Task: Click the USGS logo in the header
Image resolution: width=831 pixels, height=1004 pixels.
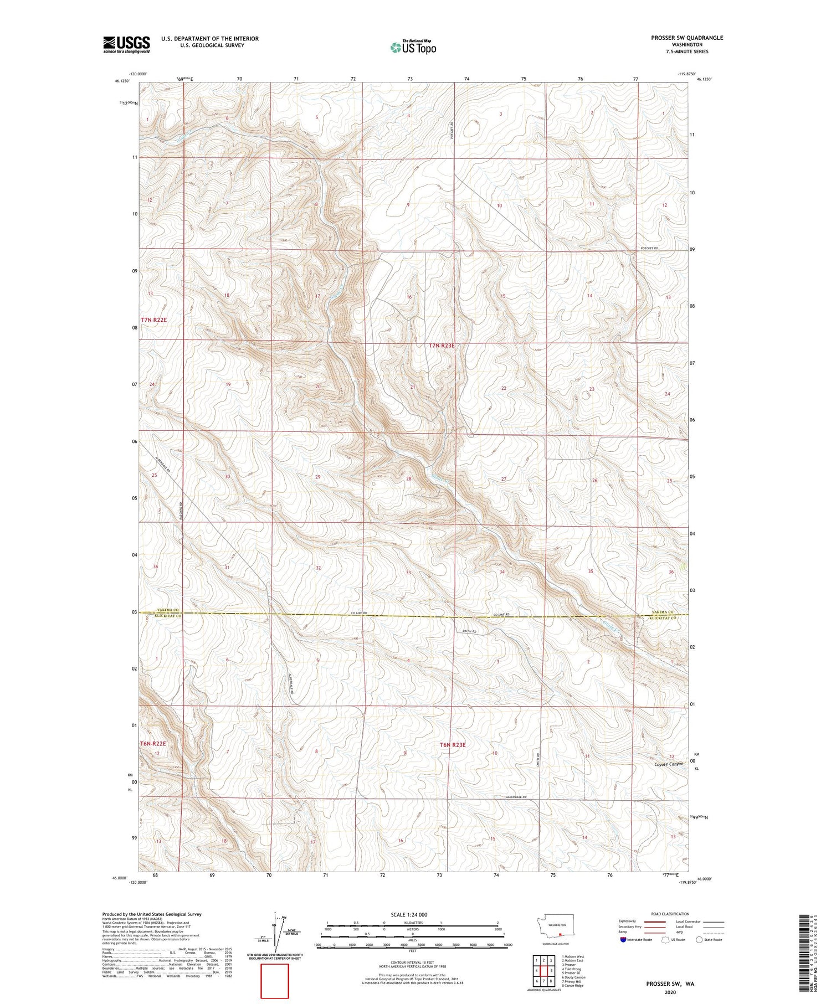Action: (x=126, y=44)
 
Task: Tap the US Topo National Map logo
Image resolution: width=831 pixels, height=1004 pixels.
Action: (x=413, y=47)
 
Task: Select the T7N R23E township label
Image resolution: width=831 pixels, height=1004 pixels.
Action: (x=442, y=346)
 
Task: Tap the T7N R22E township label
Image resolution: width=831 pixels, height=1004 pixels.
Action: (x=153, y=320)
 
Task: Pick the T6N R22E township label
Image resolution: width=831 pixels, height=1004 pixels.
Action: (x=153, y=743)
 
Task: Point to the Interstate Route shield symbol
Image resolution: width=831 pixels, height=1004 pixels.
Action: (x=623, y=940)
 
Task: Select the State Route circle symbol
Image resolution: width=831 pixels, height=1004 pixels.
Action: (x=700, y=940)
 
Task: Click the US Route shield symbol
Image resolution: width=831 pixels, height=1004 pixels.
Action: (x=666, y=940)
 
